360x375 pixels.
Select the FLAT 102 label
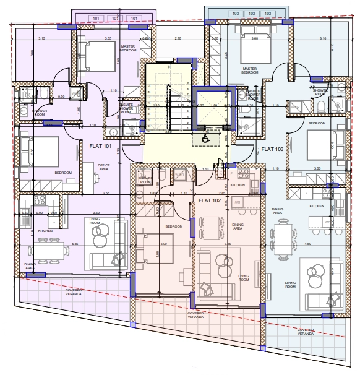[x=210, y=200]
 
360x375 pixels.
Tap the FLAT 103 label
[x=272, y=149]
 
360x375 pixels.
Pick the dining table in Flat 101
[x=47, y=251]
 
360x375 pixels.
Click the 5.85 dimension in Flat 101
[x=57, y=244]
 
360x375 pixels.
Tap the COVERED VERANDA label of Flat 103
[x=306, y=332]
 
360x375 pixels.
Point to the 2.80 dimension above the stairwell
[x=178, y=39]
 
